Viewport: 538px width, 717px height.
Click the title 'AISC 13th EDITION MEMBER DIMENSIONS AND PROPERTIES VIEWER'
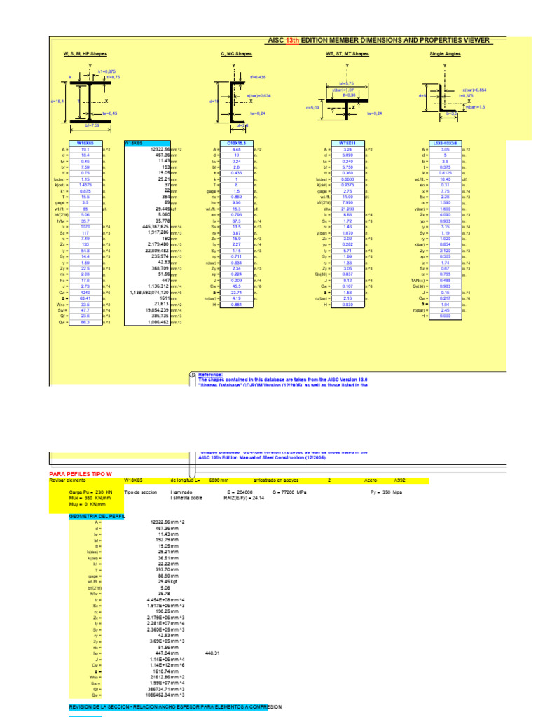[378, 41]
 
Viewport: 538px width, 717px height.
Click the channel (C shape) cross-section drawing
[234, 101]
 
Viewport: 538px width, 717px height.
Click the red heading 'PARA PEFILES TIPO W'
[81, 474]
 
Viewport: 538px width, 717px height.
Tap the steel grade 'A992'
[399, 481]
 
